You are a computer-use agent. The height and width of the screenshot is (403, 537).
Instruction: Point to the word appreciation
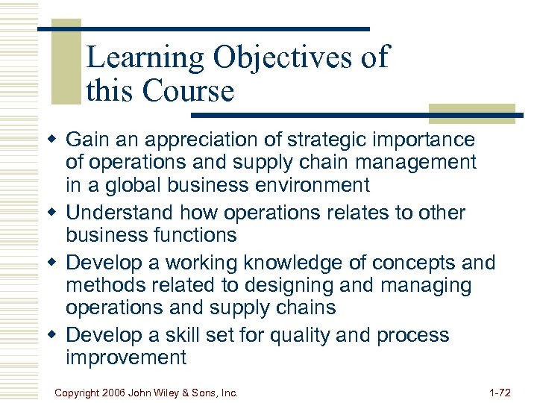(207, 140)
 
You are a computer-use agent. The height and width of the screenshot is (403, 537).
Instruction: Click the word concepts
(410, 263)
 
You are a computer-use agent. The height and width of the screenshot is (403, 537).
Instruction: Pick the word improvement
(126, 357)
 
